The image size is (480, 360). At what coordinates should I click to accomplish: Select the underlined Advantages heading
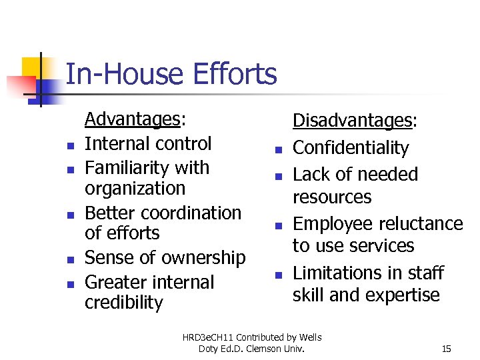(133, 119)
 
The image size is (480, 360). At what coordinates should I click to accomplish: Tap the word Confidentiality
(351, 147)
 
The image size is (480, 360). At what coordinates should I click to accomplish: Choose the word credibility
(124, 303)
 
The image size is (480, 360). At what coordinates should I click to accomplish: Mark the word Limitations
(338, 273)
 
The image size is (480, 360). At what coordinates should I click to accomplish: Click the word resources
(332, 197)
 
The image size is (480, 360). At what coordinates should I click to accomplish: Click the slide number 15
(447, 349)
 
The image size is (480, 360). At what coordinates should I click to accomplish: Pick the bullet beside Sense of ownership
(69, 259)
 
